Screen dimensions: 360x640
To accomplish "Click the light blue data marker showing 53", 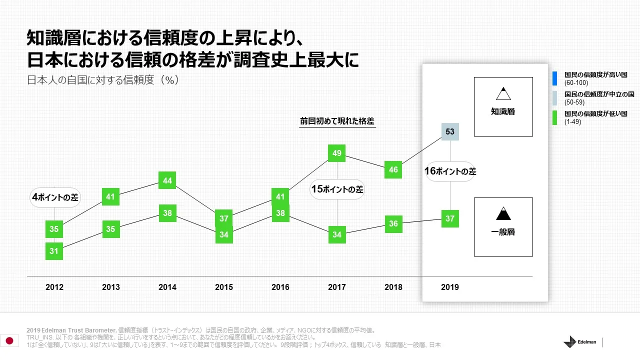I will (450, 131).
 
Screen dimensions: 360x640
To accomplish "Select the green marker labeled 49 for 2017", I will (337, 153).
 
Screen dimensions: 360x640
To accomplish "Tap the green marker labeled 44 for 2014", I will (167, 180).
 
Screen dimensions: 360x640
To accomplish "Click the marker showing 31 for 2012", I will (54, 251).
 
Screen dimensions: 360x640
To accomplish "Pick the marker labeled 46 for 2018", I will (393, 169).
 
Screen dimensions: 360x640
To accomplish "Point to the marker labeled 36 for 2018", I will (393, 223).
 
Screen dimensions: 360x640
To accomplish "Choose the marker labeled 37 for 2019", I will (450, 218).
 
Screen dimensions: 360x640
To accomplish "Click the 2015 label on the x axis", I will (224, 287).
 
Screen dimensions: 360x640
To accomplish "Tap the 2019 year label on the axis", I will (450, 287).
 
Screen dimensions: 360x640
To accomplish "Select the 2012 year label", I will (54, 287).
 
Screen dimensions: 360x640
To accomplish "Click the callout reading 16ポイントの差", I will (450, 171).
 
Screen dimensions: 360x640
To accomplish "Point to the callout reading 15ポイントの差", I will (337, 189).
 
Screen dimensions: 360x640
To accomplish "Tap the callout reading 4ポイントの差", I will (54, 197).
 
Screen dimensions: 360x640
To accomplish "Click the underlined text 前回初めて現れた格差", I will (337, 121).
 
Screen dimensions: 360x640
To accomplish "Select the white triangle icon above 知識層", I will (503, 93).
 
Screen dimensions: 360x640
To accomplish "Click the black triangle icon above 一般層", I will (503, 213).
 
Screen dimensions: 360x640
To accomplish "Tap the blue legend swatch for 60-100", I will (555, 78).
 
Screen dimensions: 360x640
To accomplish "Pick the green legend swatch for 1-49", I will (555, 118).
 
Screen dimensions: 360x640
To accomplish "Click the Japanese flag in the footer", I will (9, 340).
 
